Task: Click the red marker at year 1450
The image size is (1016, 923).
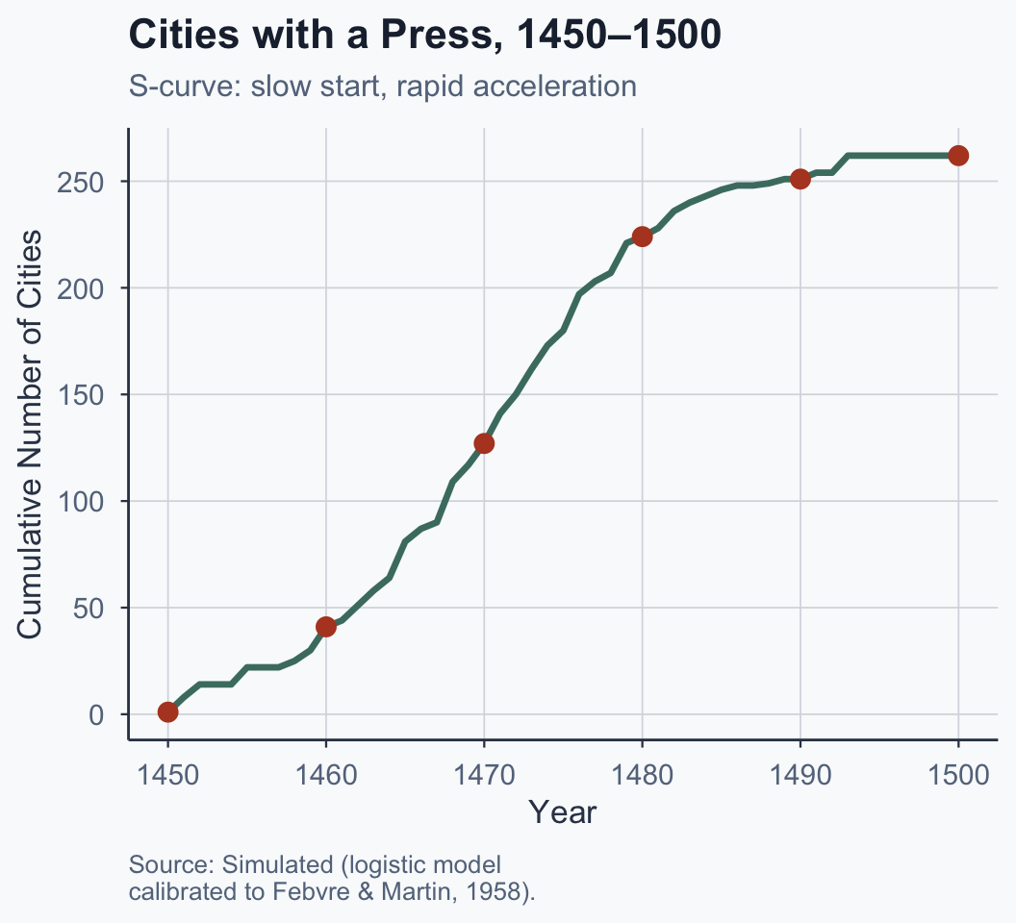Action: pos(168,711)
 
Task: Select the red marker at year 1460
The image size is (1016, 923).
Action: pos(326,627)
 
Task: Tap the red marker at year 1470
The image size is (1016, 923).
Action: pos(484,443)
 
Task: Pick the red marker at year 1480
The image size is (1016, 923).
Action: pos(642,237)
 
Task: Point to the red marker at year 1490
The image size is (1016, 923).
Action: pos(800,179)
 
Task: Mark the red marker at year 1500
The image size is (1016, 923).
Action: pos(958,156)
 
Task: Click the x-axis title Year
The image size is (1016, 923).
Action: pos(563,812)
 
